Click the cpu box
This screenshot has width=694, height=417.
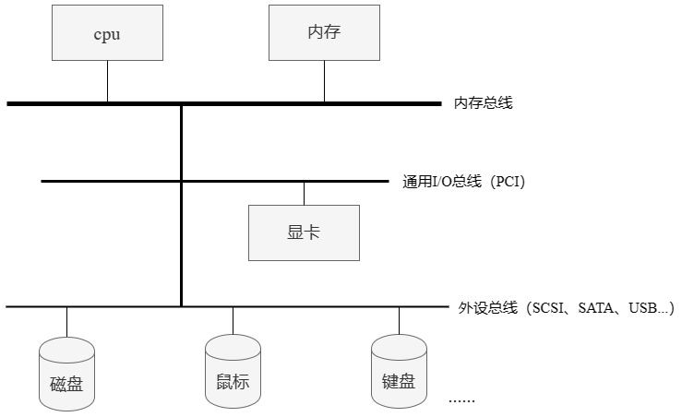(x=107, y=33)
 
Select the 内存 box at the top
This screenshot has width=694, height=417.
(x=324, y=33)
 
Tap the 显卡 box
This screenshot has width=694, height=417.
(x=304, y=232)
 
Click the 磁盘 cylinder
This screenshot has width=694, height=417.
(x=66, y=374)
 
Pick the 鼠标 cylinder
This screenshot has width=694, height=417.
(x=233, y=373)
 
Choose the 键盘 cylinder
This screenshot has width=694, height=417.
(x=399, y=373)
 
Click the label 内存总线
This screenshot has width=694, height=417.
(x=483, y=103)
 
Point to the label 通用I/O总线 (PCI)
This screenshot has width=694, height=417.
(x=463, y=182)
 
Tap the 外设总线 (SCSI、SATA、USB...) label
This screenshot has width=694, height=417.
(x=566, y=307)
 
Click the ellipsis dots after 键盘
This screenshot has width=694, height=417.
(x=461, y=400)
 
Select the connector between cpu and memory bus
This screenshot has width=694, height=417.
(x=107, y=83)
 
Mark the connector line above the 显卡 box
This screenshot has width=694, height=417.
(x=304, y=193)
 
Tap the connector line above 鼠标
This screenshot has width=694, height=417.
(x=233, y=320)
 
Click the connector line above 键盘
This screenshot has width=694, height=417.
(x=399, y=320)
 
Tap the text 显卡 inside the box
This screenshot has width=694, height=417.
(x=304, y=232)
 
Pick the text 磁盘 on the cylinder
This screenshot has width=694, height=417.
(x=66, y=383)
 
